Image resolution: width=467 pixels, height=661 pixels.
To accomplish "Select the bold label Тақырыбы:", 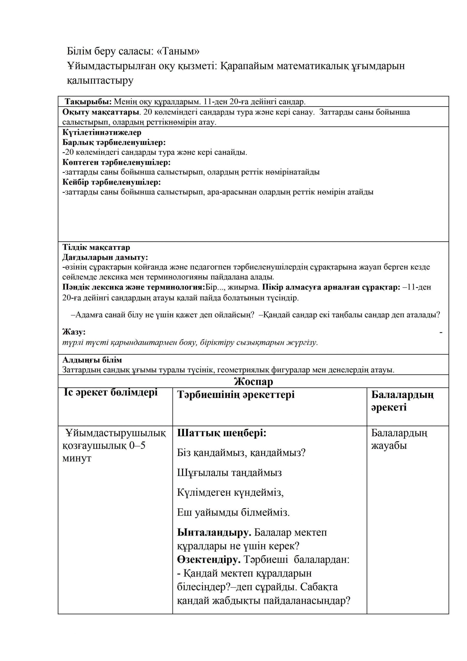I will pyautogui.click(x=88, y=102).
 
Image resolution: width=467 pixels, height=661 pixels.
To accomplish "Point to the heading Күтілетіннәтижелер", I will pyautogui.click(x=102, y=132).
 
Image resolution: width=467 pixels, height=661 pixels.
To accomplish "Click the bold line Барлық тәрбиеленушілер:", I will pyautogui.click(x=114, y=142).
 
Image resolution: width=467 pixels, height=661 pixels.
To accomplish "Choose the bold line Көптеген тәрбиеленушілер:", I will pyautogui.click(x=117, y=162).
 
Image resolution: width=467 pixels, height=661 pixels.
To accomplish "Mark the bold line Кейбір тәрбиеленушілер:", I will pyautogui.click(x=112, y=182).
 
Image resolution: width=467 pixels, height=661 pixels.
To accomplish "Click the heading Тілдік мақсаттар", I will pyautogui.click(x=96, y=247).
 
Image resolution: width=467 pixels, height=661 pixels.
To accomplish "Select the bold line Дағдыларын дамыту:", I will pyautogui.click(x=105, y=257).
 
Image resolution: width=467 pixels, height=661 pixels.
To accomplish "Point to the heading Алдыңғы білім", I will pyautogui.click(x=92, y=360).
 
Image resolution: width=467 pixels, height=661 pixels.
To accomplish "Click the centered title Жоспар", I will pyautogui.click(x=253, y=381).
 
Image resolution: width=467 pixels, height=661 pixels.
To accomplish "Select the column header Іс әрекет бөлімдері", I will pyautogui.click(x=111, y=392).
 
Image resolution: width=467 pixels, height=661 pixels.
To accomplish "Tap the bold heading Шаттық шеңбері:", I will pyautogui.click(x=222, y=433).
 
